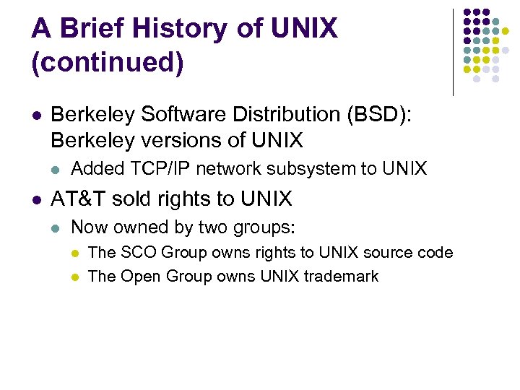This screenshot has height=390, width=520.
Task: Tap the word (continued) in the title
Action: click(x=108, y=62)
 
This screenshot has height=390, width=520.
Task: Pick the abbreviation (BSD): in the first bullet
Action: click(x=376, y=115)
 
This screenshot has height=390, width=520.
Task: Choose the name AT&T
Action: click(x=75, y=199)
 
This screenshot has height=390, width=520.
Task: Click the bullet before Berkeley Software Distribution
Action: click(x=36, y=116)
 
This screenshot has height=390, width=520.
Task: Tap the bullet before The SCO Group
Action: click(x=75, y=253)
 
